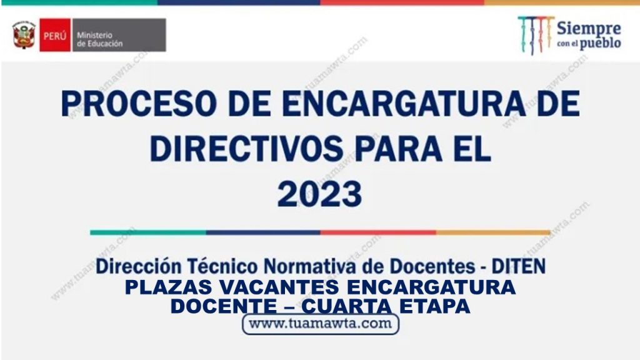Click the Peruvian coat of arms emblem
pyautogui.click(x=24, y=35)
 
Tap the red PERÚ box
pyautogui.click(x=55, y=35)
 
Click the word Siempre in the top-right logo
pyautogui.click(x=589, y=29)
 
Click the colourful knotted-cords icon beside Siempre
pyautogui.click(x=536, y=35)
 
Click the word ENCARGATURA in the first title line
pyautogui.click(x=403, y=104)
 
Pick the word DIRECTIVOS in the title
pyautogui.click(x=246, y=148)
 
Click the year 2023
pyautogui.click(x=319, y=194)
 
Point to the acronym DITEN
pyautogui.click(x=518, y=266)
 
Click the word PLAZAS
pyautogui.click(x=169, y=287)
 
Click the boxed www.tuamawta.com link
pyautogui.click(x=321, y=324)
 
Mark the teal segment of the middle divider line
pyautogui.click(x=147, y=232)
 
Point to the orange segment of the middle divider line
pyautogui.click(x=493, y=232)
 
